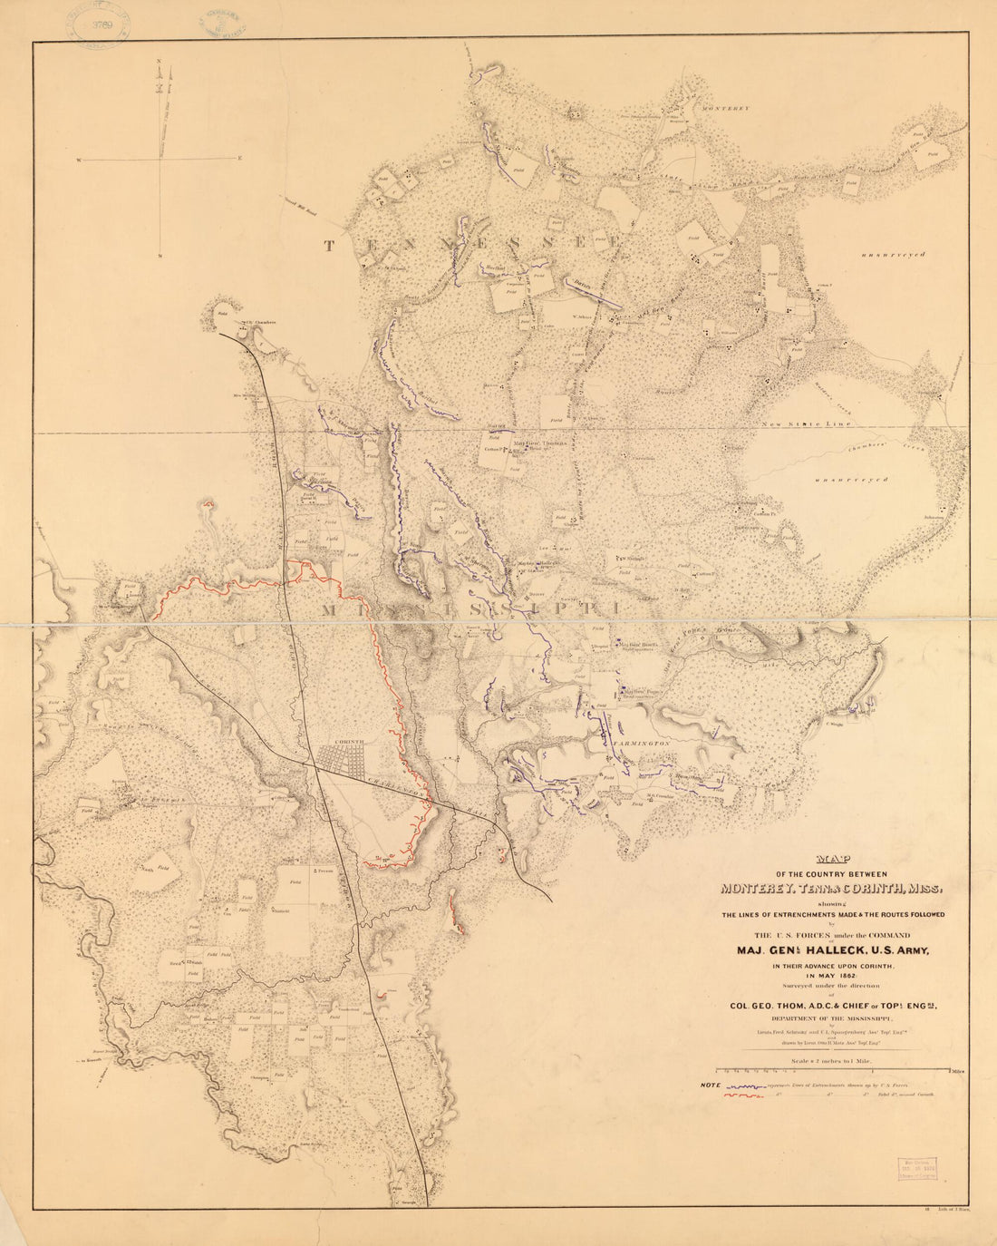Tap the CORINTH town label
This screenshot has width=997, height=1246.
coord(350,741)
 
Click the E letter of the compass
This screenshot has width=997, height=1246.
coord(240,159)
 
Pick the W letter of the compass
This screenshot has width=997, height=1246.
coord(80,160)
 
